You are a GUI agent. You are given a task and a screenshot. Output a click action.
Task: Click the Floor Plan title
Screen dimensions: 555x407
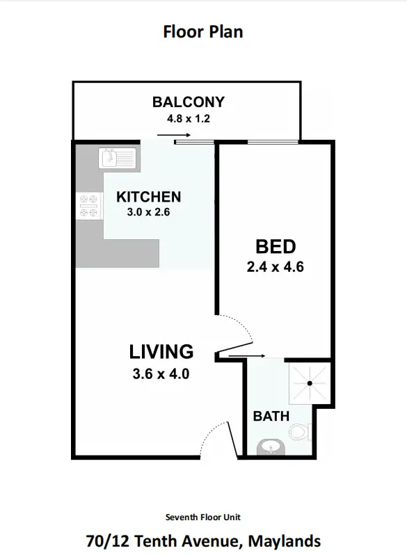[x=203, y=31]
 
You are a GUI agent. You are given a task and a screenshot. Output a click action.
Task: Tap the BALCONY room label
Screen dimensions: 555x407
[x=189, y=103]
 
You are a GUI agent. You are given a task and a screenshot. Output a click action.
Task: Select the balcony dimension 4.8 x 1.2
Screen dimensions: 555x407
[x=189, y=118]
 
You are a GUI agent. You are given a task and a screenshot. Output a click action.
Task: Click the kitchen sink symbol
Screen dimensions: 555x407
[x=118, y=159]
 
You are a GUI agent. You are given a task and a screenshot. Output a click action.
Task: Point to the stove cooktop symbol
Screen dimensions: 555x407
[x=88, y=207]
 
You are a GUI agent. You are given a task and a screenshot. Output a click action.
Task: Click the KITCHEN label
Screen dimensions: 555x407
[x=148, y=197]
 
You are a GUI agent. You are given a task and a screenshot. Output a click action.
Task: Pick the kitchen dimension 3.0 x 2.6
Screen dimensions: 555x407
[x=148, y=212]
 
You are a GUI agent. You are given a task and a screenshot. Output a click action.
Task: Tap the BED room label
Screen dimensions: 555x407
[x=276, y=246]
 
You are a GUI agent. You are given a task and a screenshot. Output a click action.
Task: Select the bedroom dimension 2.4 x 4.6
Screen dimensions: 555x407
[x=276, y=265]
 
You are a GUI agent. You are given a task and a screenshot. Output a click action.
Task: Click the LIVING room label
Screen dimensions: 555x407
[x=161, y=351]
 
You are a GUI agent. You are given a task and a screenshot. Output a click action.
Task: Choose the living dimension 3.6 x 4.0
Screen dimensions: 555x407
[x=161, y=373]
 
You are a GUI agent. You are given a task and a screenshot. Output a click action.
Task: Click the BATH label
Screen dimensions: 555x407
[x=271, y=417]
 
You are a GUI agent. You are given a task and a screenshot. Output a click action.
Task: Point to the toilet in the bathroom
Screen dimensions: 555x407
[x=300, y=432]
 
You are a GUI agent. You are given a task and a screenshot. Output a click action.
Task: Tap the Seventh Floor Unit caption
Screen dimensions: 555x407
[x=203, y=517]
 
